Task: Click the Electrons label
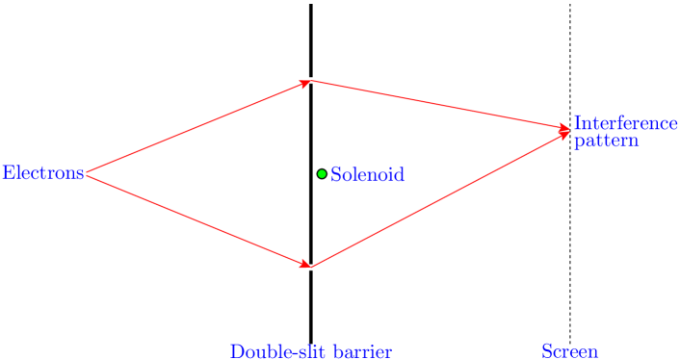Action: [x=42, y=173]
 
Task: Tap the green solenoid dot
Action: [x=322, y=174]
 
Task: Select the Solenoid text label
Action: [x=367, y=175]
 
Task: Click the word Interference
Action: [x=625, y=123]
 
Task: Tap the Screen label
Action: [x=569, y=351]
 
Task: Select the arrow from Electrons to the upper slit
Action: [x=197, y=128]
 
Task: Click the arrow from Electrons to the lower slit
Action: [x=197, y=220]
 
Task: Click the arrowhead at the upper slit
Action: [x=306, y=83]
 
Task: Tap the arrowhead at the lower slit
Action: [x=306, y=264]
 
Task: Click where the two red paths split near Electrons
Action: [x=87, y=174]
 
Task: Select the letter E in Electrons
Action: [x=7, y=173]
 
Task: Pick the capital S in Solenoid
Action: [x=335, y=175]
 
